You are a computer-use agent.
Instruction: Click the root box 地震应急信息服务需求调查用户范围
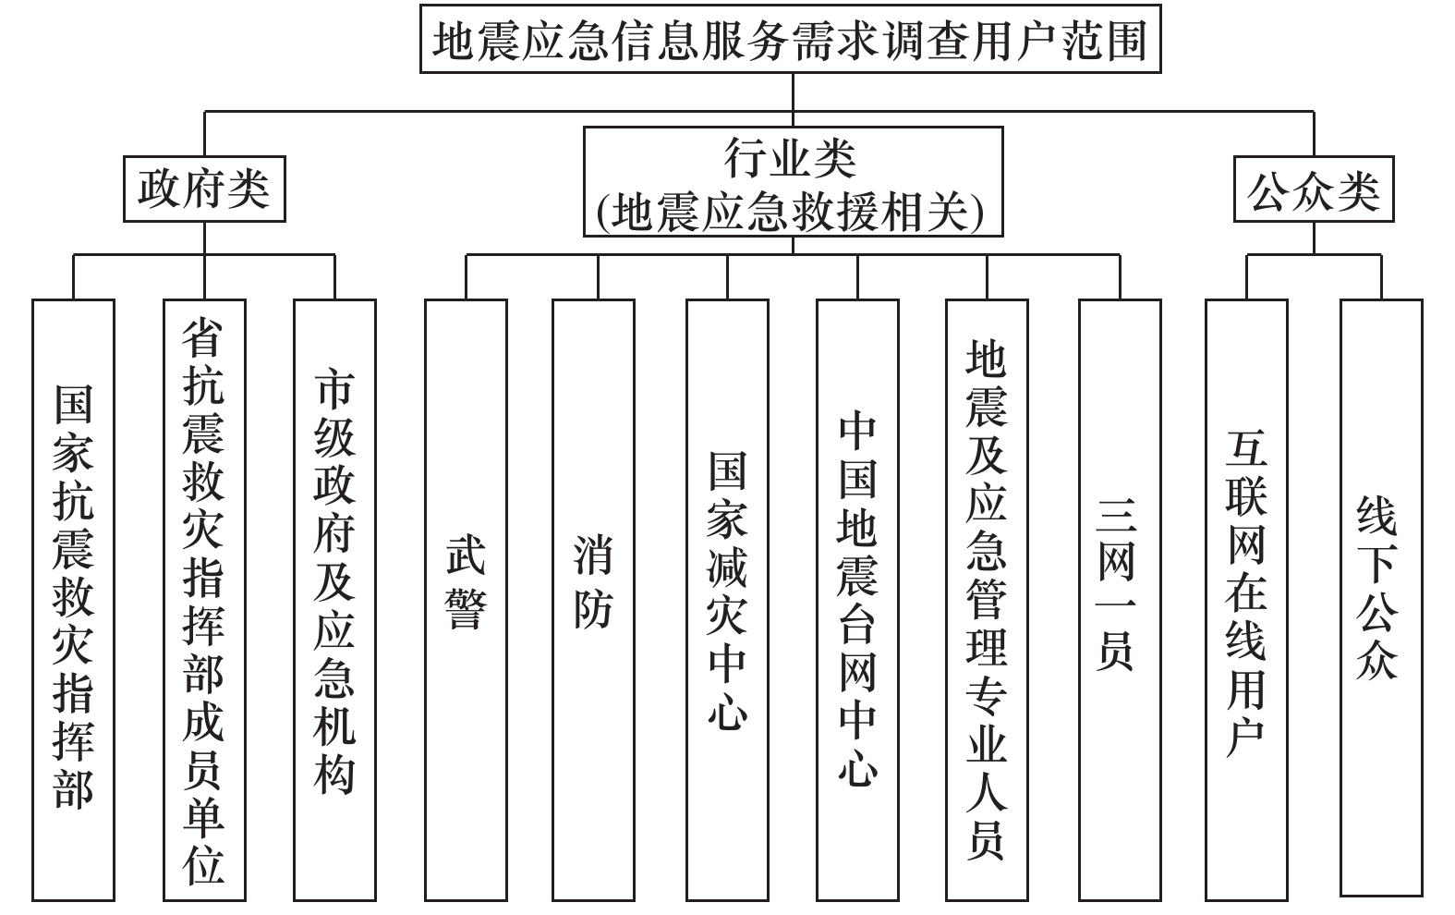(x=790, y=39)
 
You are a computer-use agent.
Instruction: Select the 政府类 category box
(x=204, y=189)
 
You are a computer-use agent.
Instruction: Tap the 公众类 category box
(x=1314, y=189)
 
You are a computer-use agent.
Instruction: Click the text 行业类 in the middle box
(x=791, y=158)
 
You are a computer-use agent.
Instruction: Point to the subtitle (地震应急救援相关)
(x=791, y=212)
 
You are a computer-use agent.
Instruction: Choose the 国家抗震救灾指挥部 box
(x=73, y=600)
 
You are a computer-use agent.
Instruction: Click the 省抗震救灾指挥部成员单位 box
(x=204, y=600)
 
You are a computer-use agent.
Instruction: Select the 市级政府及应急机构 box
(x=334, y=600)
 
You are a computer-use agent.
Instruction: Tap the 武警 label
(x=466, y=581)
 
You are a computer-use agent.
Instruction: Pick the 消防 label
(x=594, y=581)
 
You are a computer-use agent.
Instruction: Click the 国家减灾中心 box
(x=728, y=600)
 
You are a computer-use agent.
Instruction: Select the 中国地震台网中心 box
(x=857, y=600)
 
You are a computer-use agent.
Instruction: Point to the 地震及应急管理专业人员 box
(x=987, y=600)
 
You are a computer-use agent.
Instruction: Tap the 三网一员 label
(x=1116, y=585)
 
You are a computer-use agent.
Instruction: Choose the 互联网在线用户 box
(x=1246, y=600)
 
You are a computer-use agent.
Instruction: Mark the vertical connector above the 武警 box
(x=467, y=277)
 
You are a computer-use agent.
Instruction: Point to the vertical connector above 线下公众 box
(x=1381, y=277)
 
